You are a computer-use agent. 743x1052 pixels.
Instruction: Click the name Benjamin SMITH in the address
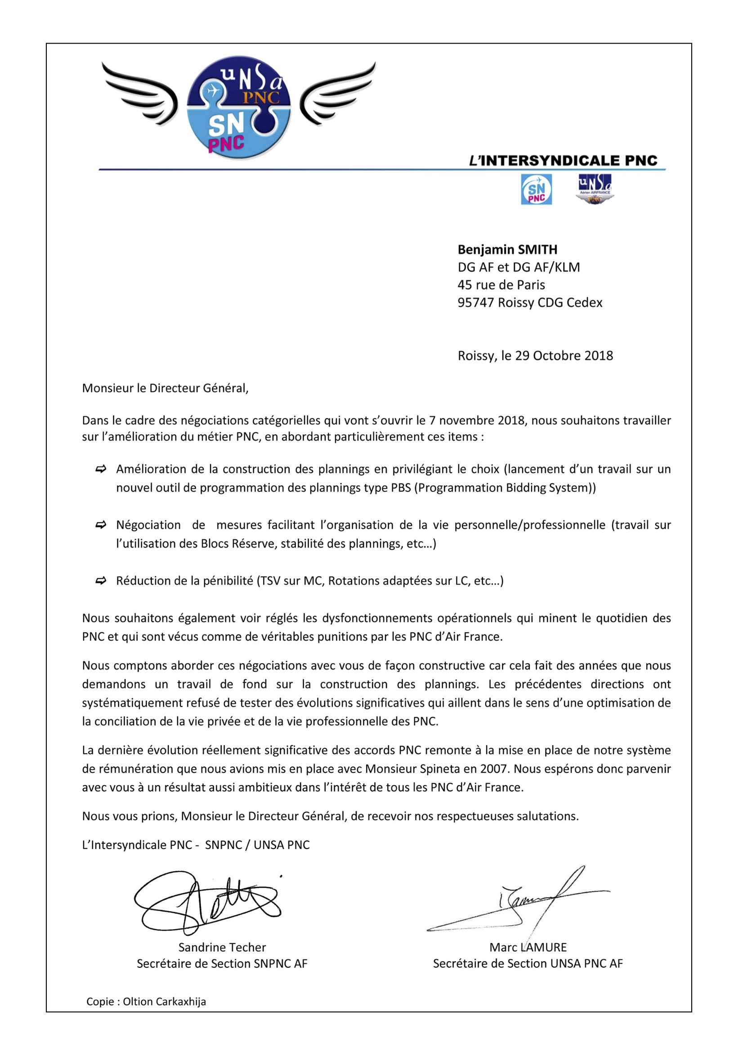coord(507,250)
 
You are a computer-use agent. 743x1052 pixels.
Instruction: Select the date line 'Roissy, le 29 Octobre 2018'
coord(535,356)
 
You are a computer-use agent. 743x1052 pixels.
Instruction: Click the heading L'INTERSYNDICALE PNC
coord(563,161)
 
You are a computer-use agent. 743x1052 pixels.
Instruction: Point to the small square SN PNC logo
coord(537,189)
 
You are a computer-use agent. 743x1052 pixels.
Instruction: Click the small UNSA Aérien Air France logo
coord(594,189)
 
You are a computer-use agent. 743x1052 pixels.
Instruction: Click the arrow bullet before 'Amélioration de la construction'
coord(101,469)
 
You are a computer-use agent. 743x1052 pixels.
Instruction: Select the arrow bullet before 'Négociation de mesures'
coord(101,525)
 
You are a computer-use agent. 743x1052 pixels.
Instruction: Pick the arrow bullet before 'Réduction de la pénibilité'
coord(101,581)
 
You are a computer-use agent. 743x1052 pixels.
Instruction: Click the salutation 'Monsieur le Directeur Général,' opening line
coord(165,389)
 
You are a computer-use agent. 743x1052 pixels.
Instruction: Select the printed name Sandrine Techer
coord(222,948)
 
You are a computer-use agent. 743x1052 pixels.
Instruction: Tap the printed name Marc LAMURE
coord(528,948)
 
